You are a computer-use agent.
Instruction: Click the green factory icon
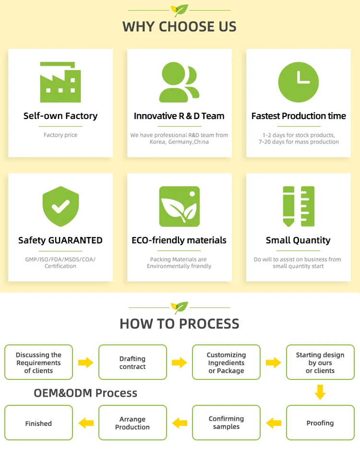[60, 82]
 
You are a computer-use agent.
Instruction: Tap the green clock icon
[298, 82]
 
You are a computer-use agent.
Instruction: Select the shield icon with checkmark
[60, 207]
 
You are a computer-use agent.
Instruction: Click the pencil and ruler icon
[298, 206]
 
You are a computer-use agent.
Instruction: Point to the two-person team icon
[179, 82]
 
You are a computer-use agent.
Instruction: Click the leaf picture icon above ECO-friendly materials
[179, 206]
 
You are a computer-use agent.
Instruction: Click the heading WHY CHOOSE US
[180, 26]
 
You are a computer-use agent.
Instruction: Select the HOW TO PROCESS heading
[180, 323]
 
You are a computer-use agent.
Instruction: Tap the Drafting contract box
[132, 363]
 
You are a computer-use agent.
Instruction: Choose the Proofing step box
[320, 423]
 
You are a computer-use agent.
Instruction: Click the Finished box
[38, 423]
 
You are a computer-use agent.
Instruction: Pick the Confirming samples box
[226, 423]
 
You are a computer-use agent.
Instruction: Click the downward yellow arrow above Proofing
[320, 392]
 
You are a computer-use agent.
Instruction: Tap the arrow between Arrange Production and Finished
[86, 423]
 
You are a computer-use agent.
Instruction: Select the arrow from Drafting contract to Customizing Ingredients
[180, 362]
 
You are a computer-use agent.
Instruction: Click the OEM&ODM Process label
[85, 393]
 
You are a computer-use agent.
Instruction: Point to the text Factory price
[60, 135]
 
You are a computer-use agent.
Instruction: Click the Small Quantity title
[298, 240]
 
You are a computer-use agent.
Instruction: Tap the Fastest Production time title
[299, 116]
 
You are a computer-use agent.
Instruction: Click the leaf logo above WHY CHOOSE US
[180, 10]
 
